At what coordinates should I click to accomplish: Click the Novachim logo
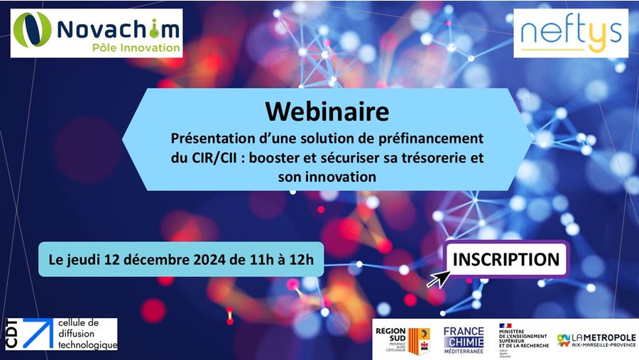click(97, 33)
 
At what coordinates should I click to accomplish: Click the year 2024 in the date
click(202, 260)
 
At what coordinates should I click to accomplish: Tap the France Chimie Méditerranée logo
click(463, 339)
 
